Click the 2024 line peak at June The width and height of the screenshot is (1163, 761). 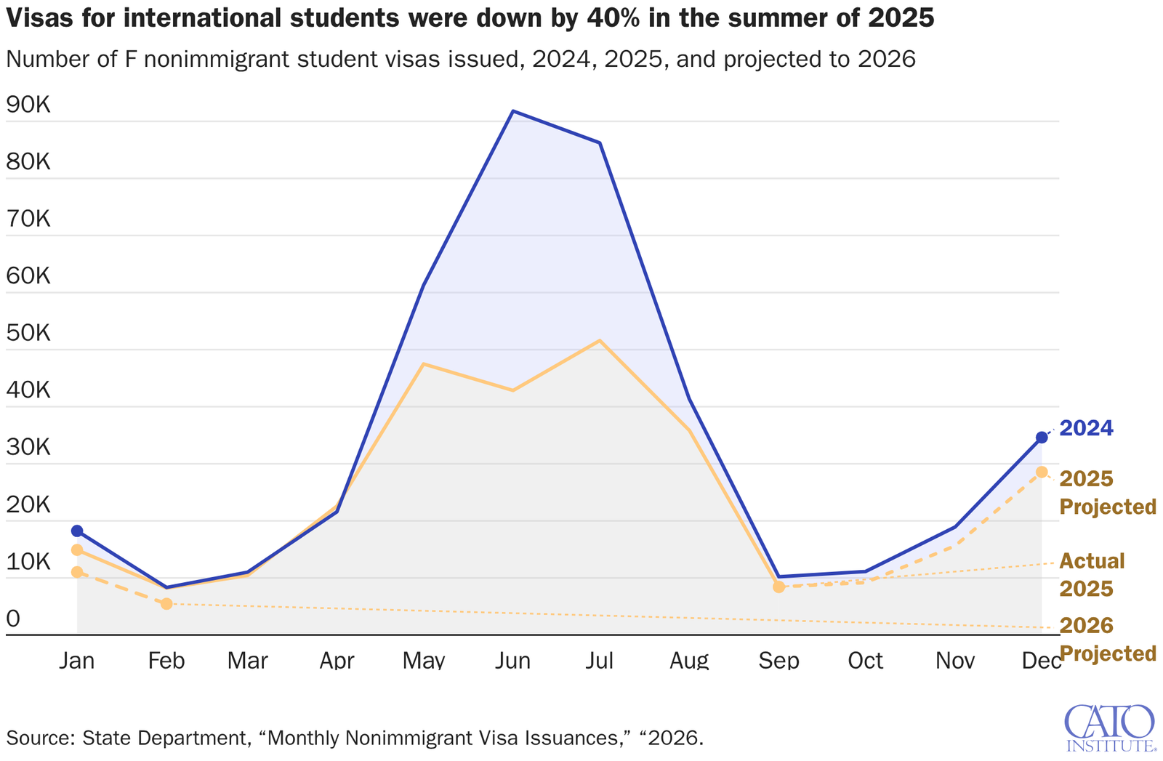[513, 111]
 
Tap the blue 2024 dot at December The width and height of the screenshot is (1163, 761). [1042, 437]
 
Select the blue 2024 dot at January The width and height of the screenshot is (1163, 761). [77, 531]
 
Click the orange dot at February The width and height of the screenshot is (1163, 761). [166, 603]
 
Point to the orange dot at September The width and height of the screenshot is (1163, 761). [778, 587]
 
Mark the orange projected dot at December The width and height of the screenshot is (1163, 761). [1042, 472]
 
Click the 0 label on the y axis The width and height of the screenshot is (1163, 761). [13, 619]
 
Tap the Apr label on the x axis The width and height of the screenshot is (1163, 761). [337, 660]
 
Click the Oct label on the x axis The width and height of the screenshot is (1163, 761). [865, 660]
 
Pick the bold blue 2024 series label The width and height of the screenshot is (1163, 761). [1086, 428]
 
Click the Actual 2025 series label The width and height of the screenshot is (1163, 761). [1091, 574]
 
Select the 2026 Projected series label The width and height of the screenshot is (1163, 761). [1107, 639]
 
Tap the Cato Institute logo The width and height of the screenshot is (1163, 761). [1109, 727]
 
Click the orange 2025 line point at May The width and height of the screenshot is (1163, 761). [424, 363]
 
